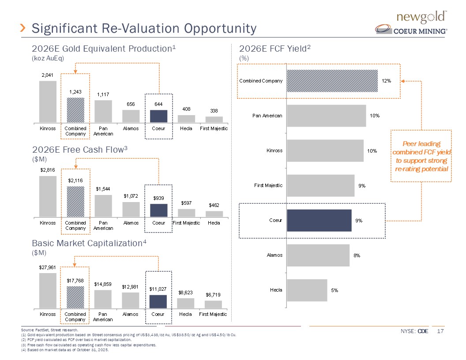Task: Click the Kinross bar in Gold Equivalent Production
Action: pos(48,101)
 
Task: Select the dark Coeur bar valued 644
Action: pos(158,116)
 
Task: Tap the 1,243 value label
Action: pos(75,91)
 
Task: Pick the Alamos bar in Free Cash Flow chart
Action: pos(131,210)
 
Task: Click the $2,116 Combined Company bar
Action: pos(75,202)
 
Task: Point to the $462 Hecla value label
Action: pos(214,205)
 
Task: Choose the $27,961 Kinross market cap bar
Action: pos(48,291)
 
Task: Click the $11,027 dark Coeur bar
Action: pos(158,302)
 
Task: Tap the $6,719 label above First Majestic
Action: pos(214,294)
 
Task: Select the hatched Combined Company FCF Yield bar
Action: pos(332,81)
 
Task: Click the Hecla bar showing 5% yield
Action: pos(307,290)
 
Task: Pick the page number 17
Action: pos(440,331)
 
